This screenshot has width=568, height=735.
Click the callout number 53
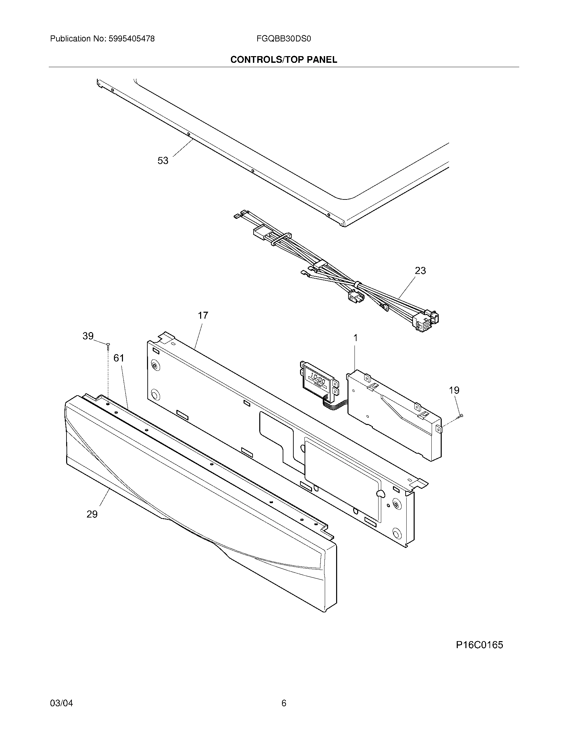[163, 161]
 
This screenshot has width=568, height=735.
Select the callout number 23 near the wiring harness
[420, 271]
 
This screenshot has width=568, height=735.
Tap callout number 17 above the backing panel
[203, 315]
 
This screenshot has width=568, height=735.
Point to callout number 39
[88, 336]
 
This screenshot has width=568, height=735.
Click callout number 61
[119, 358]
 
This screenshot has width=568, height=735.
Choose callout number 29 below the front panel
[92, 514]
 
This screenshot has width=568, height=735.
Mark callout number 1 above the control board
[356, 338]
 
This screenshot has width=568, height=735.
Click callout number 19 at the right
[454, 390]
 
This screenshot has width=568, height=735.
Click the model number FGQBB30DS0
[283, 39]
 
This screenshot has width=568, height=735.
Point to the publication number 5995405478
[131, 39]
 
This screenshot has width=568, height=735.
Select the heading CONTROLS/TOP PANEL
[284, 60]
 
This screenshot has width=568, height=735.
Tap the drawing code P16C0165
[479, 645]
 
